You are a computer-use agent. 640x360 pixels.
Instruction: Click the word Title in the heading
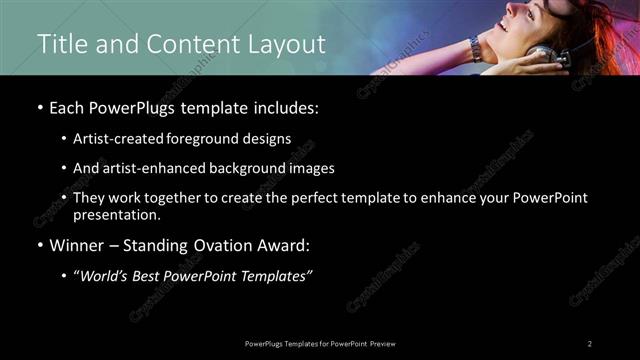[x=60, y=44]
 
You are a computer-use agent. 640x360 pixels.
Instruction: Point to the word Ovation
[x=224, y=244]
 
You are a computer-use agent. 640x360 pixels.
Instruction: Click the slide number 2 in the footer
[x=590, y=344]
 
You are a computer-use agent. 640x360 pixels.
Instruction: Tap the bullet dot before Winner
[x=40, y=245]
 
